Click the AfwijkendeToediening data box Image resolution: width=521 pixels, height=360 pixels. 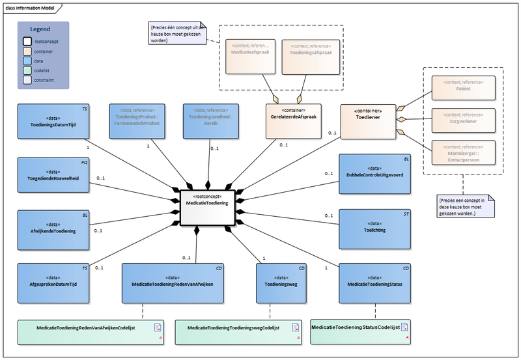[53, 229]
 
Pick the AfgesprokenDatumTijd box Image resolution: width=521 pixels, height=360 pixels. [53, 283]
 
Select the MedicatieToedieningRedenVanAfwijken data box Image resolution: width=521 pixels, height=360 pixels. [172, 283]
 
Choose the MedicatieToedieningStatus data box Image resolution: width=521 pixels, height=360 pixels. [374, 283]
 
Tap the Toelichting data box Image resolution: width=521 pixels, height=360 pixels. [374, 228]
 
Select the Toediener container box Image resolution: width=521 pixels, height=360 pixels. [369, 121]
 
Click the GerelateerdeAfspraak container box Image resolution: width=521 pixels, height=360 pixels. [294, 121]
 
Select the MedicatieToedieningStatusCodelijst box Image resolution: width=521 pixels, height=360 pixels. [360, 330]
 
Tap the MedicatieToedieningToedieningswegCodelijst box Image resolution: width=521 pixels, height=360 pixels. [238, 331]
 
